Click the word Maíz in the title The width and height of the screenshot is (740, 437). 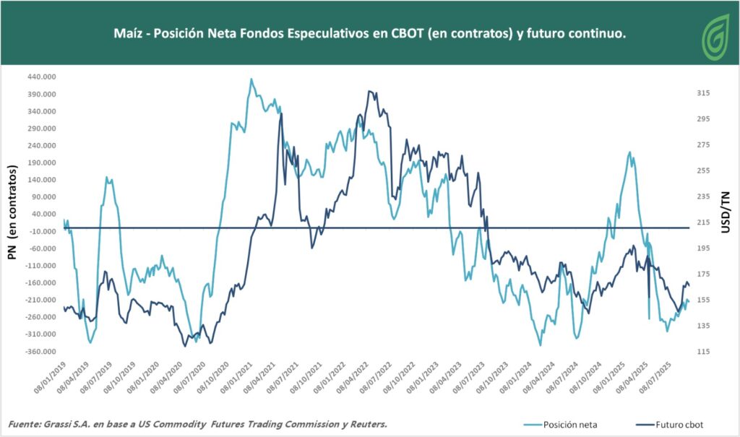[129, 34]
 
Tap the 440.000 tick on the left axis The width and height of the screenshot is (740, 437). [42, 77]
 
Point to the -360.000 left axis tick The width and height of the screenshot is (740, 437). [42, 352]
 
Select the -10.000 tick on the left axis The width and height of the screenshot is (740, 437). [42, 231]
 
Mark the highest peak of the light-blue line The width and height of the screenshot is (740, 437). [251, 79]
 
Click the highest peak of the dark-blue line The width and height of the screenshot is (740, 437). [369, 92]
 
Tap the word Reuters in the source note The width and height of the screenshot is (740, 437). [368, 424]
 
